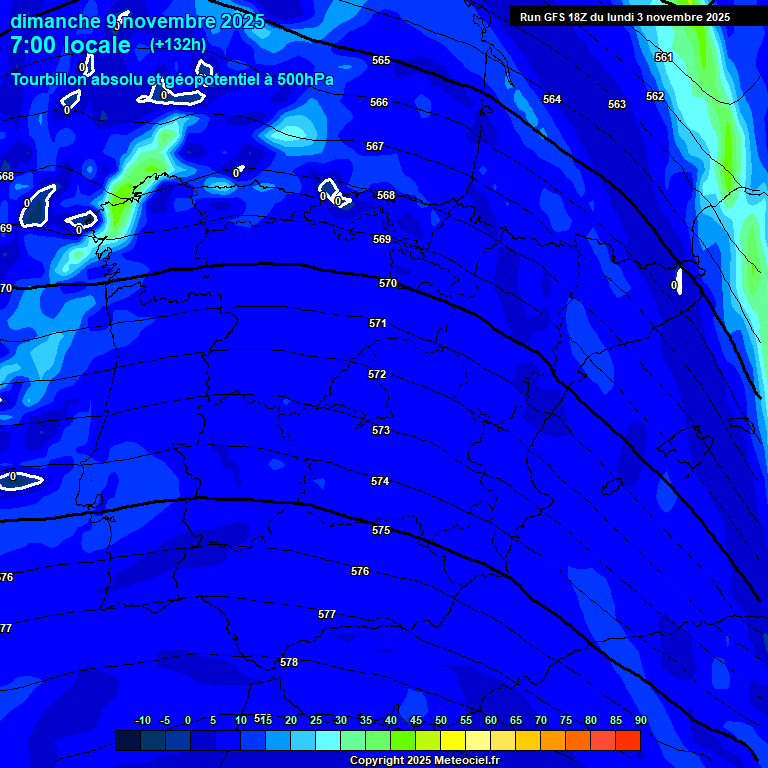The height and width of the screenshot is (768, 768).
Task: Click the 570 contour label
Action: [388, 283]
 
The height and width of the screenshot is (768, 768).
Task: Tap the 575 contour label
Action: [381, 530]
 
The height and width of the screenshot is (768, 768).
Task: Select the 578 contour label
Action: [289, 662]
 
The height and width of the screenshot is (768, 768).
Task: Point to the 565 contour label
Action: [381, 60]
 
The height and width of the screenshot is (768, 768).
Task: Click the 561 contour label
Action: [664, 57]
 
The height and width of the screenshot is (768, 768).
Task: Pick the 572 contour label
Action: [377, 374]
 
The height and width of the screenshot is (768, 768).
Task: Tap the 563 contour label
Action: [617, 104]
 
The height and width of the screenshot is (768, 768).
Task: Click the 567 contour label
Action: [375, 146]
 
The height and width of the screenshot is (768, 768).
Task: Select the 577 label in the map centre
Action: [327, 614]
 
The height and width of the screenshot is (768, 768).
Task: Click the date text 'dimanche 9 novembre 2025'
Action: [137, 21]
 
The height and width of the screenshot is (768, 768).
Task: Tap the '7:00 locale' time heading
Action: [70, 45]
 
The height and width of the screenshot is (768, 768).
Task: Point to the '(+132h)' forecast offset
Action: [178, 45]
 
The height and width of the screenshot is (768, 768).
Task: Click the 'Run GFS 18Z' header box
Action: [625, 17]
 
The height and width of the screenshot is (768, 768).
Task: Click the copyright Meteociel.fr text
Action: [424, 761]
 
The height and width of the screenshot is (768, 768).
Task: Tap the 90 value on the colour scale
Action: [640, 720]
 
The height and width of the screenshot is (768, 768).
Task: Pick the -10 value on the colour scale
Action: [142, 720]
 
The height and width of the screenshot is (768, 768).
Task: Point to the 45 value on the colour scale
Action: [416, 720]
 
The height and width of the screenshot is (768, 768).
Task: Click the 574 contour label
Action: [380, 481]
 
